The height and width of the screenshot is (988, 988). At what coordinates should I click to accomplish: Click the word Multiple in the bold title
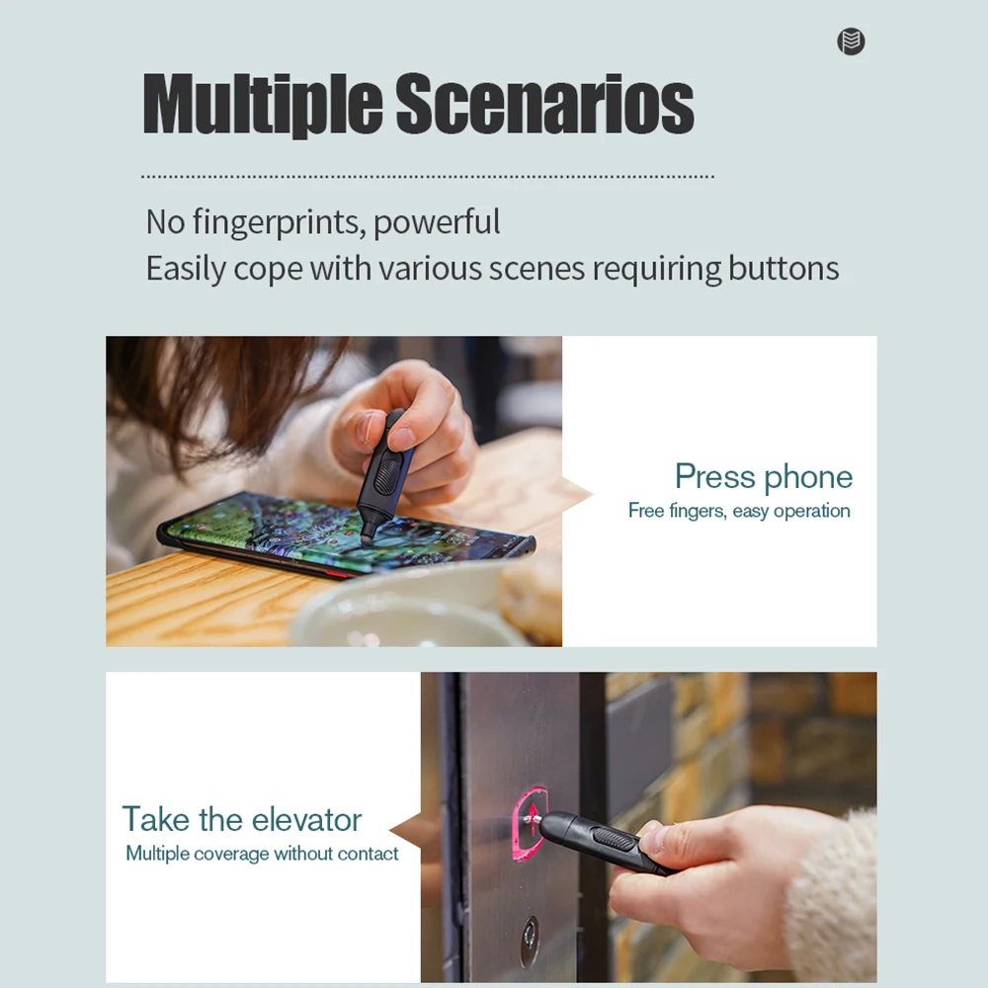click(262, 105)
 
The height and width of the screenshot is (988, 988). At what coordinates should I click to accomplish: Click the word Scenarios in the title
click(544, 104)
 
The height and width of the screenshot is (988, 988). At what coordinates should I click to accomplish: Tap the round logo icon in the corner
click(851, 41)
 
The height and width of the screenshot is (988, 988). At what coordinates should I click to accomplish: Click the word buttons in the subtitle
click(783, 269)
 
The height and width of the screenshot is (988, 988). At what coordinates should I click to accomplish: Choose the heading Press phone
click(764, 477)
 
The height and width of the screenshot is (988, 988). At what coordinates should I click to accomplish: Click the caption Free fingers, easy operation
click(739, 511)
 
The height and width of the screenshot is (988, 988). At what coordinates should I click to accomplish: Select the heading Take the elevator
click(242, 820)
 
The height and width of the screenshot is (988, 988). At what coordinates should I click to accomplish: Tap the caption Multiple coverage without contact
click(262, 854)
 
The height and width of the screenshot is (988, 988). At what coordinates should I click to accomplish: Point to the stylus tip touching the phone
click(367, 538)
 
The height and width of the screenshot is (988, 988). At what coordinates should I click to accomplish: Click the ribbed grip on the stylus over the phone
click(388, 472)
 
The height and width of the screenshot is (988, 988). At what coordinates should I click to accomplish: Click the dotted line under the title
click(428, 177)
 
